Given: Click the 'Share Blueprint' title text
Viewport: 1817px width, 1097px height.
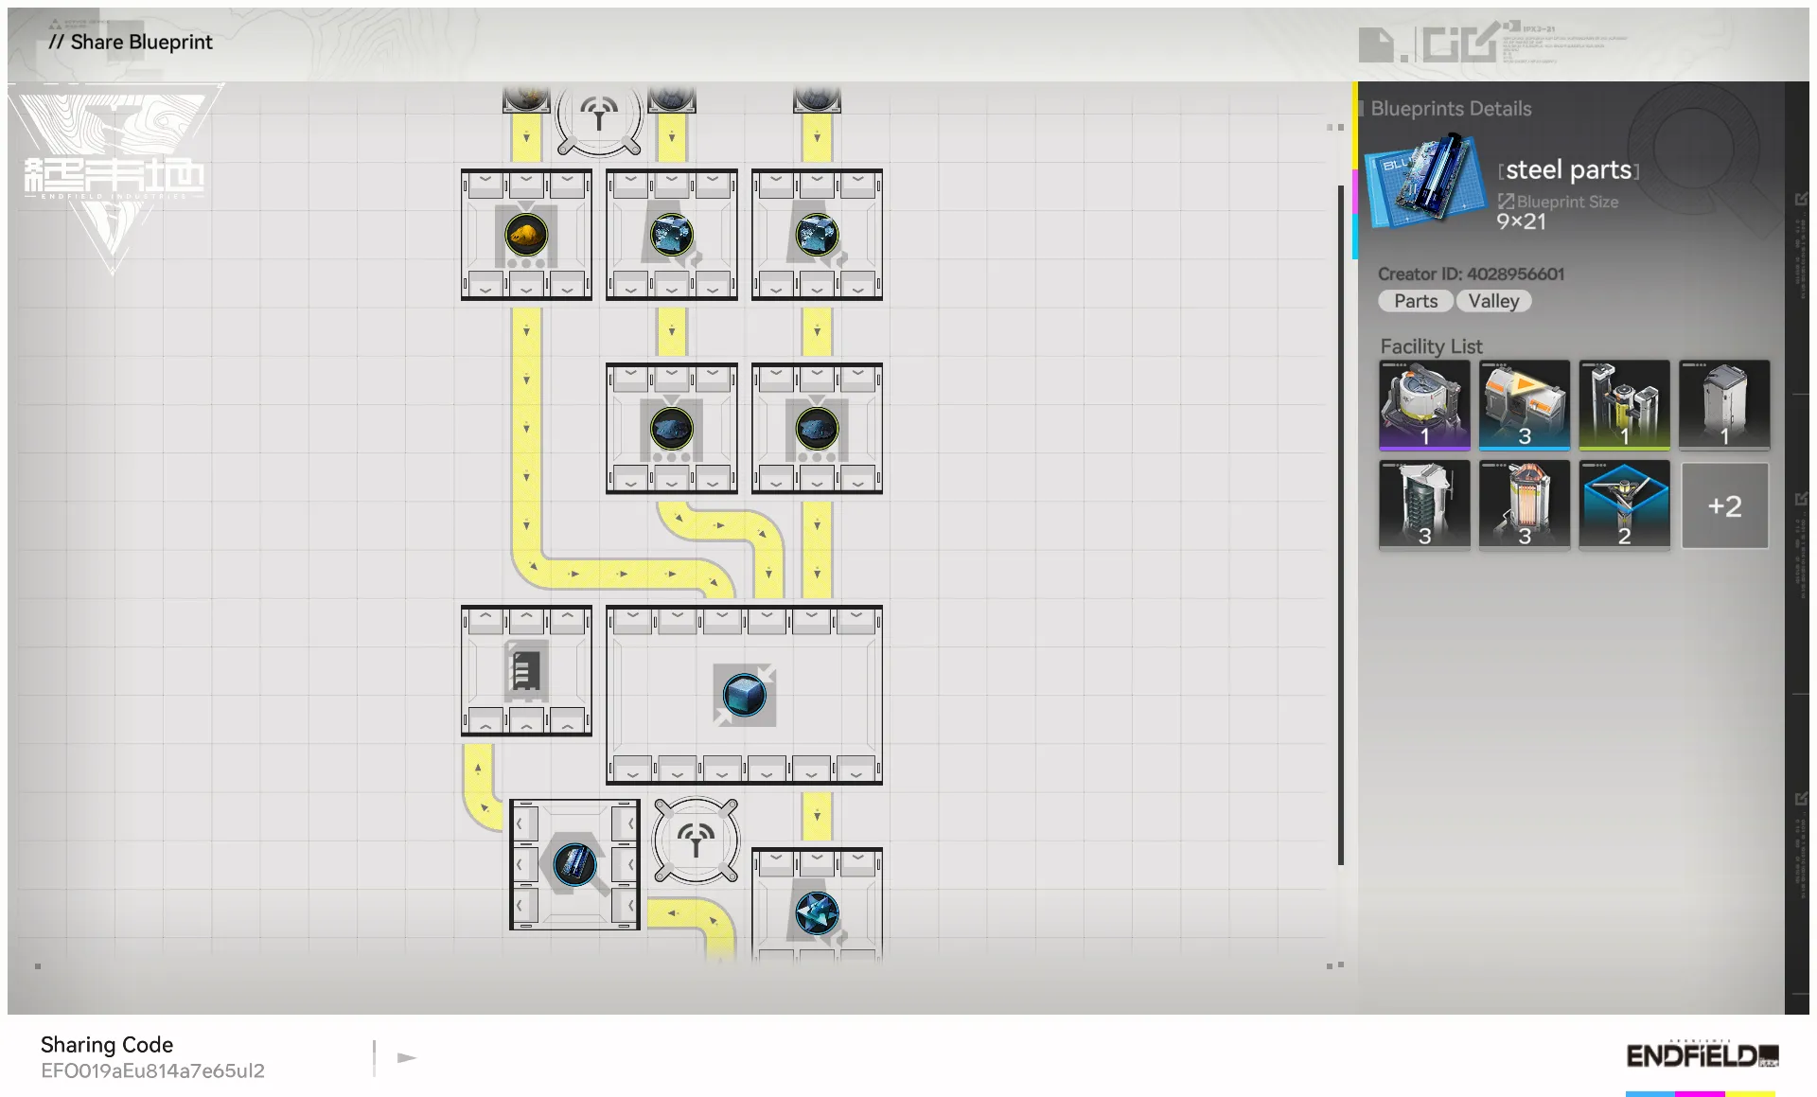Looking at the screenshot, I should (141, 42).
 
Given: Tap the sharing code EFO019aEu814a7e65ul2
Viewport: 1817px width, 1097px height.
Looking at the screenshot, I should (152, 1070).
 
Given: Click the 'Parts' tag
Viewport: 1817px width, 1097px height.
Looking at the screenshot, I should (1415, 301).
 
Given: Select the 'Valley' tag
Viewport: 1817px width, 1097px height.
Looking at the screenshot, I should (1493, 301).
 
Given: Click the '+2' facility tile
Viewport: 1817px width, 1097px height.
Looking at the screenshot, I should (1724, 505).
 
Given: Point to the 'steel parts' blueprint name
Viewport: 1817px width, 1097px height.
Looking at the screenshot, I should (1568, 170).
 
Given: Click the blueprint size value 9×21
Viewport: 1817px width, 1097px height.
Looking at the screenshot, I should (1521, 221).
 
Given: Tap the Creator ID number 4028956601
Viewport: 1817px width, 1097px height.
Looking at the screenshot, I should (1515, 274).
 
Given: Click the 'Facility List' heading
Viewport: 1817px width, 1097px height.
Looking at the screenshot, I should (1431, 346).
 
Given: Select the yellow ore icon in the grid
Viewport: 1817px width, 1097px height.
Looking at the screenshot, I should (526, 234).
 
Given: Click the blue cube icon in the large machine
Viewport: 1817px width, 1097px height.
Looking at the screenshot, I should (744, 696).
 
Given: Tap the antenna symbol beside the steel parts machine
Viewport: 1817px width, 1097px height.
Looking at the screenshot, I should (696, 840).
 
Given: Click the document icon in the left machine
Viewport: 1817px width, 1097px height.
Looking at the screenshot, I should (526, 671).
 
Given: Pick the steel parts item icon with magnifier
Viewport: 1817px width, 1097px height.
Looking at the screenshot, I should (574, 864).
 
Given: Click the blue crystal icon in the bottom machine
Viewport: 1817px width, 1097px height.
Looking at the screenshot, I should (817, 913).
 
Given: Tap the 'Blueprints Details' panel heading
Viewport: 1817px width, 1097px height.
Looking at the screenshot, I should (1451, 109).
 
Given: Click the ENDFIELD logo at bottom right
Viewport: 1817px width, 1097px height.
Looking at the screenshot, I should (1701, 1055).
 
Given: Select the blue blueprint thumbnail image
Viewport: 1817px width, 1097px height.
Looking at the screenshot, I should (1424, 180).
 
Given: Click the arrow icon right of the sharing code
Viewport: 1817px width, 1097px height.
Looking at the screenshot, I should (407, 1057).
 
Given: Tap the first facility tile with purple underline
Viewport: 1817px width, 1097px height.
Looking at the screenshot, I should (1424, 404).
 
